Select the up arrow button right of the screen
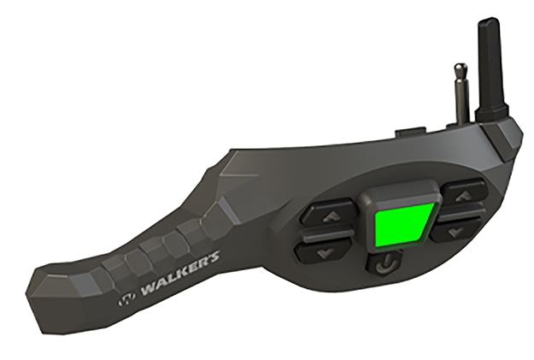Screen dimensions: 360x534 click(462, 197)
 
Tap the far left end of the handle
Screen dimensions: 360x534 click(38, 287)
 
